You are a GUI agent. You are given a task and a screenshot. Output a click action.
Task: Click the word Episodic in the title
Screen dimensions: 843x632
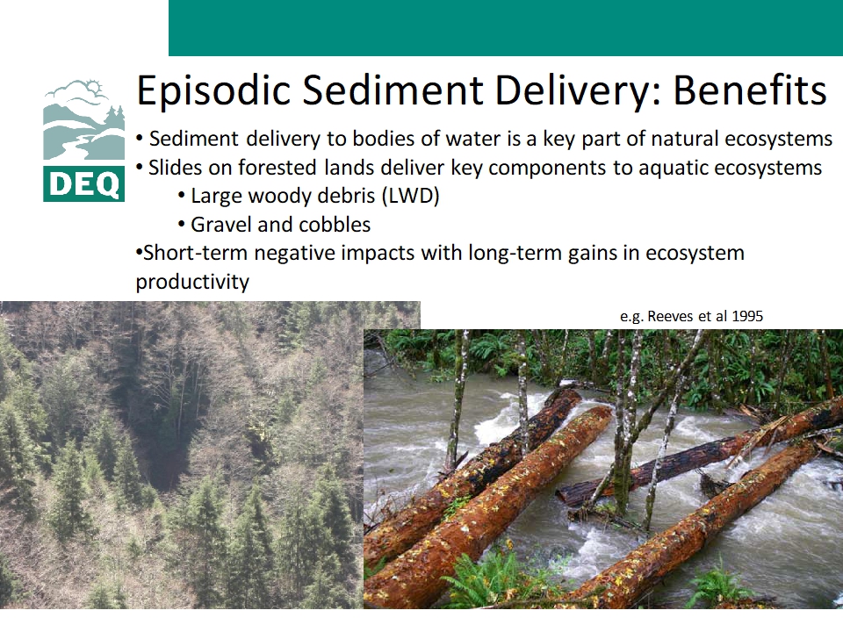point(213,90)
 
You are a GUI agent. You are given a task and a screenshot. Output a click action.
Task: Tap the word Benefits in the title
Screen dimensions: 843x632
point(749,90)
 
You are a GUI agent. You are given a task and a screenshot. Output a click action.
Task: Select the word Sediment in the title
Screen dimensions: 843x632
point(393,90)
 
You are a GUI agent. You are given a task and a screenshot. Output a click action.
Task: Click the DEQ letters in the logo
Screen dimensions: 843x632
point(84,183)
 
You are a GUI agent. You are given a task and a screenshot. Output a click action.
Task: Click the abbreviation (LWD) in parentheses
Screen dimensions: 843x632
point(410,196)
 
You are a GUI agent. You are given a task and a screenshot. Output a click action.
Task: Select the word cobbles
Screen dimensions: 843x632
point(335,225)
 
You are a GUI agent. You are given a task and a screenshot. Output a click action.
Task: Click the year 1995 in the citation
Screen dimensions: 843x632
point(746,316)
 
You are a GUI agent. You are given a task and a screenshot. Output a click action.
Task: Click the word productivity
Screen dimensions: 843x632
point(192,282)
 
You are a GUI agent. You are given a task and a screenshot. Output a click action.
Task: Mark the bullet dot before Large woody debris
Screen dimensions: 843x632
point(182,197)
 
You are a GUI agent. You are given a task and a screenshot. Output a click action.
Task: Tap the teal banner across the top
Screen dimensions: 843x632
point(506,28)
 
